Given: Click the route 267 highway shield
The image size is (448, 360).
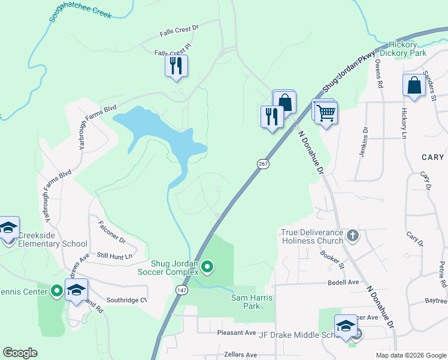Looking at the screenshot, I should pyautogui.click(x=262, y=164).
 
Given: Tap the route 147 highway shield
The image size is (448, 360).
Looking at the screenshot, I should pyautogui.click(x=181, y=290).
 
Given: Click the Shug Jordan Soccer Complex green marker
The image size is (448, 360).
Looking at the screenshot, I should pyautogui.click(x=207, y=266).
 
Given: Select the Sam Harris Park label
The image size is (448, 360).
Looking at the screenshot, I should pyautogui.click(x=246, y=301).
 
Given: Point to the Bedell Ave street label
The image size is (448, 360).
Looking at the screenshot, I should pyautogui.click(x=343, y=282).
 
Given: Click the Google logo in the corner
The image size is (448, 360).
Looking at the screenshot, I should pyautogui.click(x=20, y=353).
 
